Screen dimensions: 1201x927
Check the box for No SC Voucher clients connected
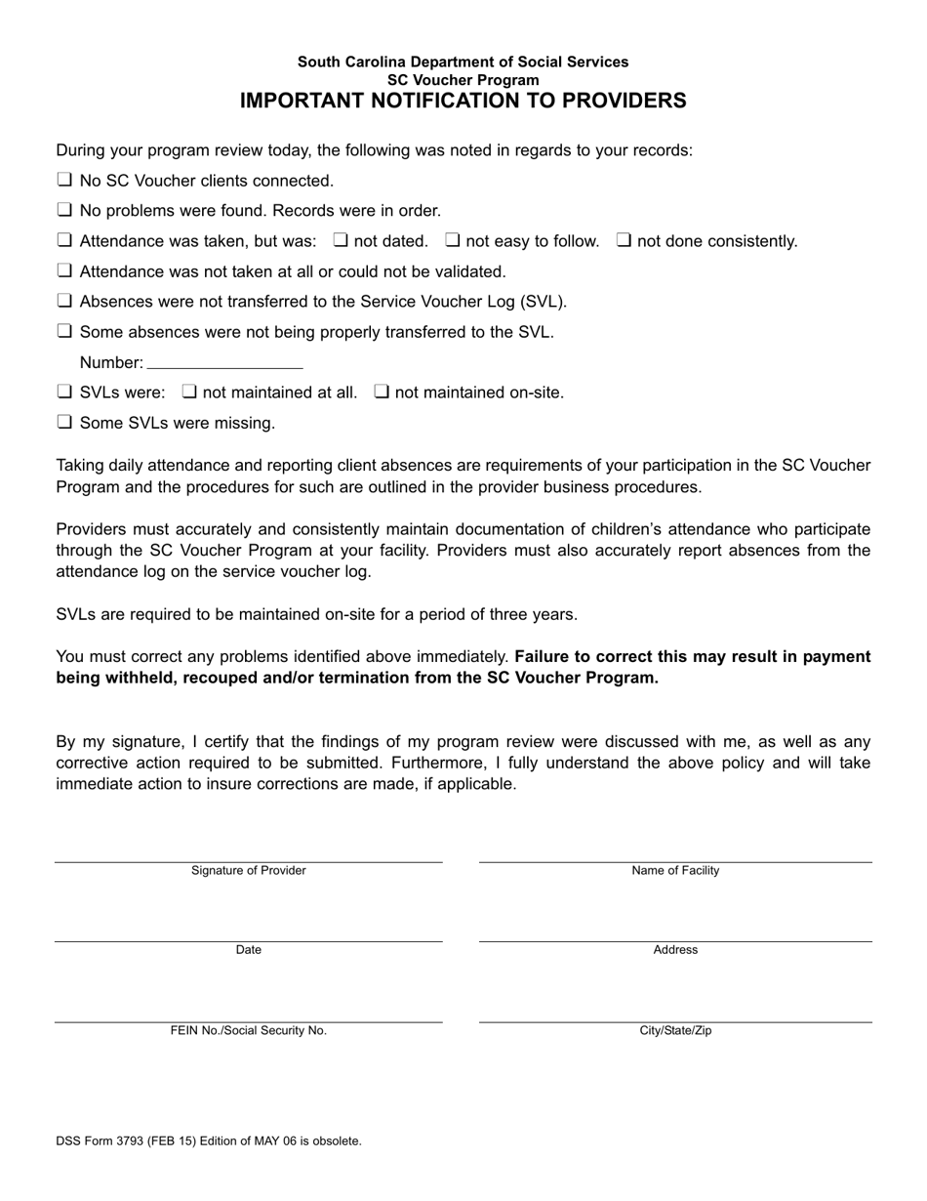64,180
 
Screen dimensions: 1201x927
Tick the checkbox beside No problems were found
64,210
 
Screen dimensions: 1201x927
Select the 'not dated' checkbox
342,240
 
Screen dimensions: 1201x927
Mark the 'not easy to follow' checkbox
453,240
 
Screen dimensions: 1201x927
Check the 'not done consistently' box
624,240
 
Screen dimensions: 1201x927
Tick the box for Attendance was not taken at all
64,270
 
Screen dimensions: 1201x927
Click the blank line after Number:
224,362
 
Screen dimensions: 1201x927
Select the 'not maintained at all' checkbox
190,393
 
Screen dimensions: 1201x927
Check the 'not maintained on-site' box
383,393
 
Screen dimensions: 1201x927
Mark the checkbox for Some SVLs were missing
64,423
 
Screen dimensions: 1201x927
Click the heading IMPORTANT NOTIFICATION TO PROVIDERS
463,101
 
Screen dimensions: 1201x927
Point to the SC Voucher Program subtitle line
463,79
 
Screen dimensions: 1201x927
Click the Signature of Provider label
248,871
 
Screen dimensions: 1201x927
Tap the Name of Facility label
675,871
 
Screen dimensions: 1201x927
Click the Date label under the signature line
248,950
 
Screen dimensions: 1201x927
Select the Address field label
675,950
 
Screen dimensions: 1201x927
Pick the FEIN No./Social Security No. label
248,1031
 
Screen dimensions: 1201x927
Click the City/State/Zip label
675,1031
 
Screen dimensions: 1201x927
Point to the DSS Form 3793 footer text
209,1140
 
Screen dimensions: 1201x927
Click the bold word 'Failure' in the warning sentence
543,657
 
